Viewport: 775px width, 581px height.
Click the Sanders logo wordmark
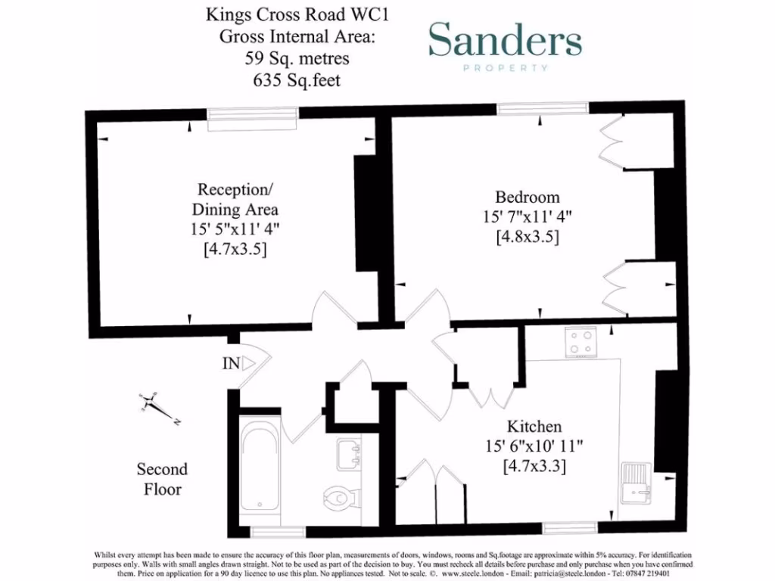pos(505,41)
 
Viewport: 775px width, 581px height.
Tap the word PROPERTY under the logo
pos(505,68)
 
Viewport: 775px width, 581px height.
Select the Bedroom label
pos(528,197)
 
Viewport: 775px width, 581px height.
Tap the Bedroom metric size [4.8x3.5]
pos(528,237)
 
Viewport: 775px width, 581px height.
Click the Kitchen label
pos(534,426)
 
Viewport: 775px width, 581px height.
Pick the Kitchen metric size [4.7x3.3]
pos(534,467)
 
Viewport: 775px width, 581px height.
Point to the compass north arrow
pos(158,406)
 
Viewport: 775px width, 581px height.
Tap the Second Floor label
pos(162,479)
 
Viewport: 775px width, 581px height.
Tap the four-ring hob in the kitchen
pos(581,342)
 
